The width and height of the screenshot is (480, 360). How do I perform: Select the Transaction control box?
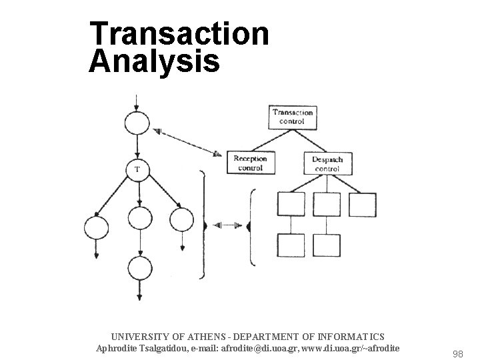pos(293,117)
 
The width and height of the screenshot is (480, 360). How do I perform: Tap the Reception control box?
pos(250,163)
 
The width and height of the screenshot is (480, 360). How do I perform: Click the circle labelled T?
pos(137,169)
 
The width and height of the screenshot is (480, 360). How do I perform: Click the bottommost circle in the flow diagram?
pos(139,269)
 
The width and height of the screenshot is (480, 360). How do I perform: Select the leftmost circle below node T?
pos(96,228)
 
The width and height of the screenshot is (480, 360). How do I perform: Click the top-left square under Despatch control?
pos(291,204)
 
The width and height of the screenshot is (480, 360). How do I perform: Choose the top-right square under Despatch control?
pos(363,204)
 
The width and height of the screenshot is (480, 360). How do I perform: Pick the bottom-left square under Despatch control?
pos(291,245)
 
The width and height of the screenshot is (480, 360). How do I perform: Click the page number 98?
pos(457,354)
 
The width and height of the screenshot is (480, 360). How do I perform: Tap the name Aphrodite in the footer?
pos(119,348)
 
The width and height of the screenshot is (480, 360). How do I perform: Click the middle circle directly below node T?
pos(139,218)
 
